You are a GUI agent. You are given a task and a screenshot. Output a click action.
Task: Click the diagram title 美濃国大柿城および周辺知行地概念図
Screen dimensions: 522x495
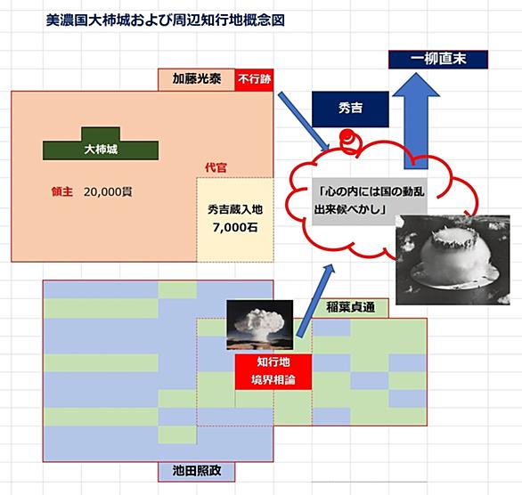(166, 20)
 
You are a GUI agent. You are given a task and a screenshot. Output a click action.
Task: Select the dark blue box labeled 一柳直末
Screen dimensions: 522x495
(438, 60)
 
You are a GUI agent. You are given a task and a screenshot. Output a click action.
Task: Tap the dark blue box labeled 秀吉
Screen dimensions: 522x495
(350, 109)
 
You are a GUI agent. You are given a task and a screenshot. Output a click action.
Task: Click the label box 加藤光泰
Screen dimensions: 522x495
(196, 79)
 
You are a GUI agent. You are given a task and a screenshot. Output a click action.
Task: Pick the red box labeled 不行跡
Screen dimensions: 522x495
(254, 79)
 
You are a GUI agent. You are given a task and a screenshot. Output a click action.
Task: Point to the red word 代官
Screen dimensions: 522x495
(216, 167)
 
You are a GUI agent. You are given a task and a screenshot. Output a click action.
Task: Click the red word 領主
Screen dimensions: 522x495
(62, 191)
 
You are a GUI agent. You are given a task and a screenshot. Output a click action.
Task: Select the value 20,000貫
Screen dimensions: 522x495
(108, 192)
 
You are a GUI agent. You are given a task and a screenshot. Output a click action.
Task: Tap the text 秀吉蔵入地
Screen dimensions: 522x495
(235, 209)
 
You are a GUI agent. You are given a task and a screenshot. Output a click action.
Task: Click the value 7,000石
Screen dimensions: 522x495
(235, 227)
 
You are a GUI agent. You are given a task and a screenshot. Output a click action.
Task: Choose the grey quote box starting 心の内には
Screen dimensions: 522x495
(370, 201)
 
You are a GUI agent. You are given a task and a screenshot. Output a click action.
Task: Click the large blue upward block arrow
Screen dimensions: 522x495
(416, 121)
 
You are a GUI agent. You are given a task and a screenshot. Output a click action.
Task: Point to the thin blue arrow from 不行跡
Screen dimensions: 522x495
(304, 121)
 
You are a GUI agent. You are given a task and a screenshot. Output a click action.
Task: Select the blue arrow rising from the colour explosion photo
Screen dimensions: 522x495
(315, 301)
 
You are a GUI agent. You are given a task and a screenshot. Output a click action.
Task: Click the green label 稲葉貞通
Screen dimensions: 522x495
(350, 307)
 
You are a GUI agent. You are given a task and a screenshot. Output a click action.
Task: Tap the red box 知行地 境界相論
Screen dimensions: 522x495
(273, 371)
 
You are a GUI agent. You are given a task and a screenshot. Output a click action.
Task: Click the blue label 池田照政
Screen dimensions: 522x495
(196, 471)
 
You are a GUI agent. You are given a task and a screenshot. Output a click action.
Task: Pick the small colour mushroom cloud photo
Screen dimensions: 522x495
(260, 325)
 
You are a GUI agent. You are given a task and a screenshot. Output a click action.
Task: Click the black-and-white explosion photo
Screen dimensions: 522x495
(453, 260)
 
